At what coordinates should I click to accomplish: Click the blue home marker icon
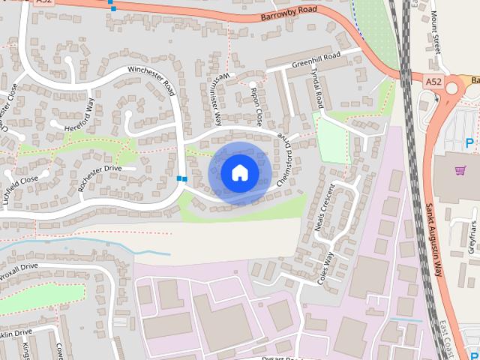(x=239, y=173)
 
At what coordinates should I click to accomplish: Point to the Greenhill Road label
(x=316, y=60)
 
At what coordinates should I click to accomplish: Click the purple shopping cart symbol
(x=459, y=170)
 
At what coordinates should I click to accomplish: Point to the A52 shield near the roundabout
(x=433, y=80)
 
